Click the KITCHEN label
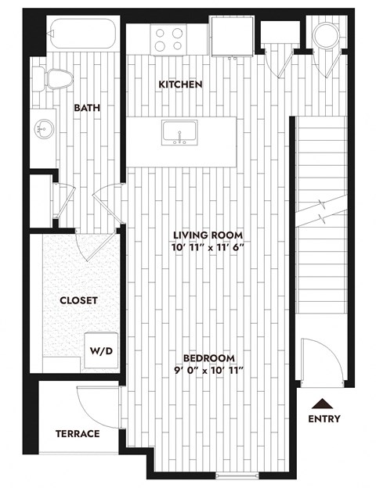181,84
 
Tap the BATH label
87,108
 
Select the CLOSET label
78,300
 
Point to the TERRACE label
78,433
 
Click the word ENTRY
324,419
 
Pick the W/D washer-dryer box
101,350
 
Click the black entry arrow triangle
320,404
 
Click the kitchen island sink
180,132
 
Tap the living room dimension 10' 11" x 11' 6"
208,248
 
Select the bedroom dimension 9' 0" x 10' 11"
208,369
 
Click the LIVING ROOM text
208,235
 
